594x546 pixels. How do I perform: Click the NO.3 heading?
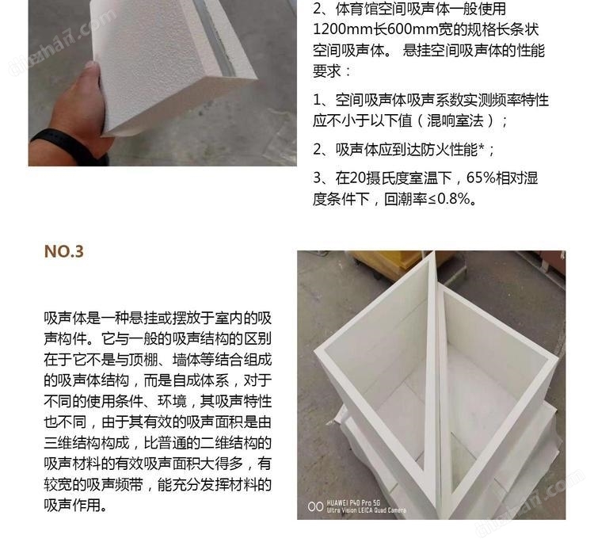63,251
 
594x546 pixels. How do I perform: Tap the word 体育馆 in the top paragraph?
357,9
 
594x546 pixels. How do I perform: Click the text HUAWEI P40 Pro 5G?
353,502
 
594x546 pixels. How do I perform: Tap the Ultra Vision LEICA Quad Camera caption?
366,510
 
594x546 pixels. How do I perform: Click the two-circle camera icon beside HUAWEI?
315,506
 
